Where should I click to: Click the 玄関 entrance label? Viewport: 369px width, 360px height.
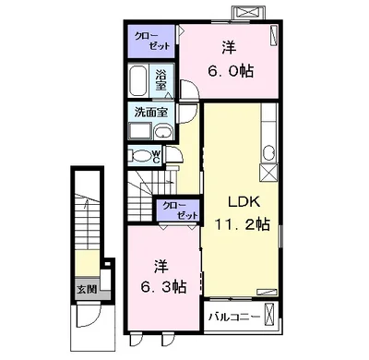(87, 289)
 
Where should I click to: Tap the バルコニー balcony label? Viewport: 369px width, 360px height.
(234, 317)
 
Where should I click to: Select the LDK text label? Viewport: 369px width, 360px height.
(244, 201)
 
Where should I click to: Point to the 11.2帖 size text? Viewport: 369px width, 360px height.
(243, 224)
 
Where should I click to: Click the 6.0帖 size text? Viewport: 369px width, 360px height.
(231, 71)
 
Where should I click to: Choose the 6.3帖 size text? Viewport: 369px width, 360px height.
(163, 287)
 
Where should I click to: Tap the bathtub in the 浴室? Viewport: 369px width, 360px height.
(138, 80)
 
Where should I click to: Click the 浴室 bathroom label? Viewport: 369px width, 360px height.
(161, 80)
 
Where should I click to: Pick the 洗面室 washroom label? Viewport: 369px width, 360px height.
(151, 113)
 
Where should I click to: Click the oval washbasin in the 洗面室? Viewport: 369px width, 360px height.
(162, 132)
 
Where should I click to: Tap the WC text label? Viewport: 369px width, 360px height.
(156, 157)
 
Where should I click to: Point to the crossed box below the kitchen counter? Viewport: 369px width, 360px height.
(268, 174)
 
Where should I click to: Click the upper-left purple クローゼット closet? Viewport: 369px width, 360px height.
(151, 42)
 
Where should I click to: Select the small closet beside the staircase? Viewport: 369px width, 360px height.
(178, 210)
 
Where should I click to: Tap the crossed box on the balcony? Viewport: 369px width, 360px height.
(268, 315)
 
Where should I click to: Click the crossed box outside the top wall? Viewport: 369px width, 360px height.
(248, 13)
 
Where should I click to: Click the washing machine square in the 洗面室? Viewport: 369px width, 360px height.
(140, 131)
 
